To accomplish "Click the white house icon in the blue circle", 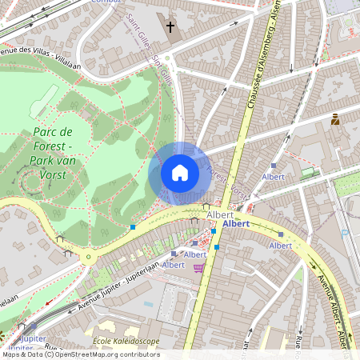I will [180, 173].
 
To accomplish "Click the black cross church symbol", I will [170, 27].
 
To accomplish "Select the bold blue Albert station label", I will [236, 225].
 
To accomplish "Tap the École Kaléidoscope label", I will [126, 342].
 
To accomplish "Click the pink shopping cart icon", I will [198, 268].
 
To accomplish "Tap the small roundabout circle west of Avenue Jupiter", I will [87, 258].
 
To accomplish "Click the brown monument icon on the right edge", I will [334, 120].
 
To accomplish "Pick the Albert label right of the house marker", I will [274, 176].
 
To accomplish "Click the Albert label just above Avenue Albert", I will [281, 246].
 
